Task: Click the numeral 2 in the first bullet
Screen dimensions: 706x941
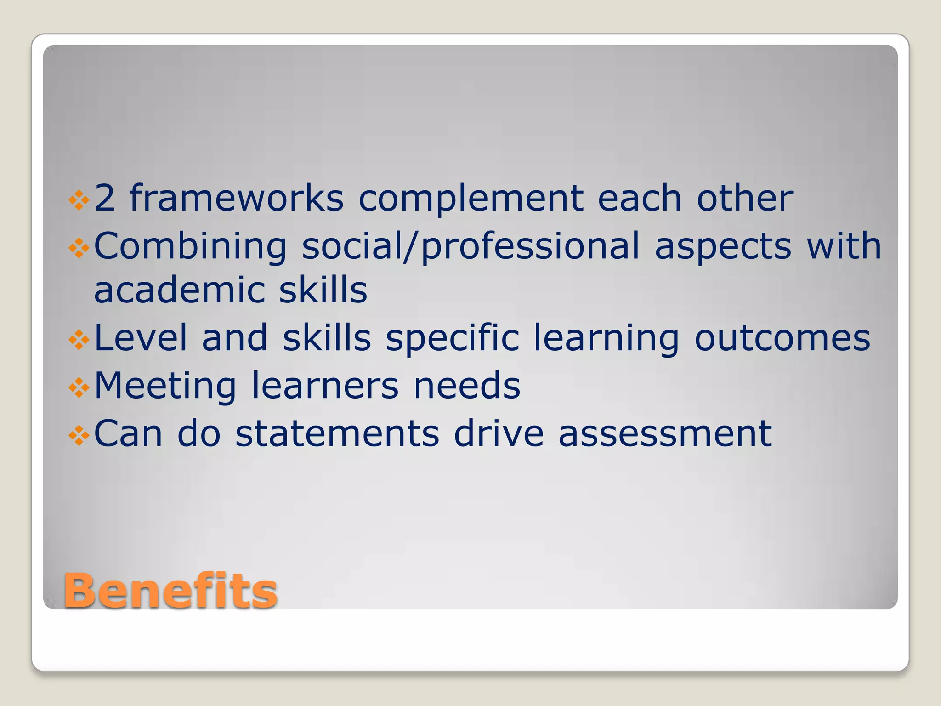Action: tap(104, 198)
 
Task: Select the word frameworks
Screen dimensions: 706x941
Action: tap(237, 198)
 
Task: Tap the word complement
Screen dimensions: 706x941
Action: tap(471, 199)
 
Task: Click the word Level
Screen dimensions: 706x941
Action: tap(141, 338)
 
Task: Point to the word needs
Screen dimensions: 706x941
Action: tap(467, 386)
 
